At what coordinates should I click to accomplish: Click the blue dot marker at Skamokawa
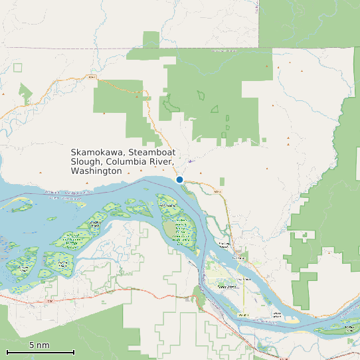click(x=179, y=179)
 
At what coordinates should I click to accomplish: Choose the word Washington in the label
click(x=96, y=171)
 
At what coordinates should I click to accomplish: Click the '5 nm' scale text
click(x=39, y=345)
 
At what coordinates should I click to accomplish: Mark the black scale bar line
click(x=40, y=352)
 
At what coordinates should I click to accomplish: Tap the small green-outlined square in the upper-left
click(x=17, y=67)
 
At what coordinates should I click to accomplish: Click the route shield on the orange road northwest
click(x=92, y=78)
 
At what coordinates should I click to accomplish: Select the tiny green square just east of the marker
click(x=222, y=181)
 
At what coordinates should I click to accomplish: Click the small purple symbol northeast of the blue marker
click(x=190, y=160)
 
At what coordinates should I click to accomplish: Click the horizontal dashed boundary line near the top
click(x=133, y=48)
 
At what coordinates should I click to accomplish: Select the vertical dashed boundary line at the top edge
click(x=256, y=7)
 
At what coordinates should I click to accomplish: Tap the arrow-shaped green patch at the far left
click(x=25, y=92)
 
